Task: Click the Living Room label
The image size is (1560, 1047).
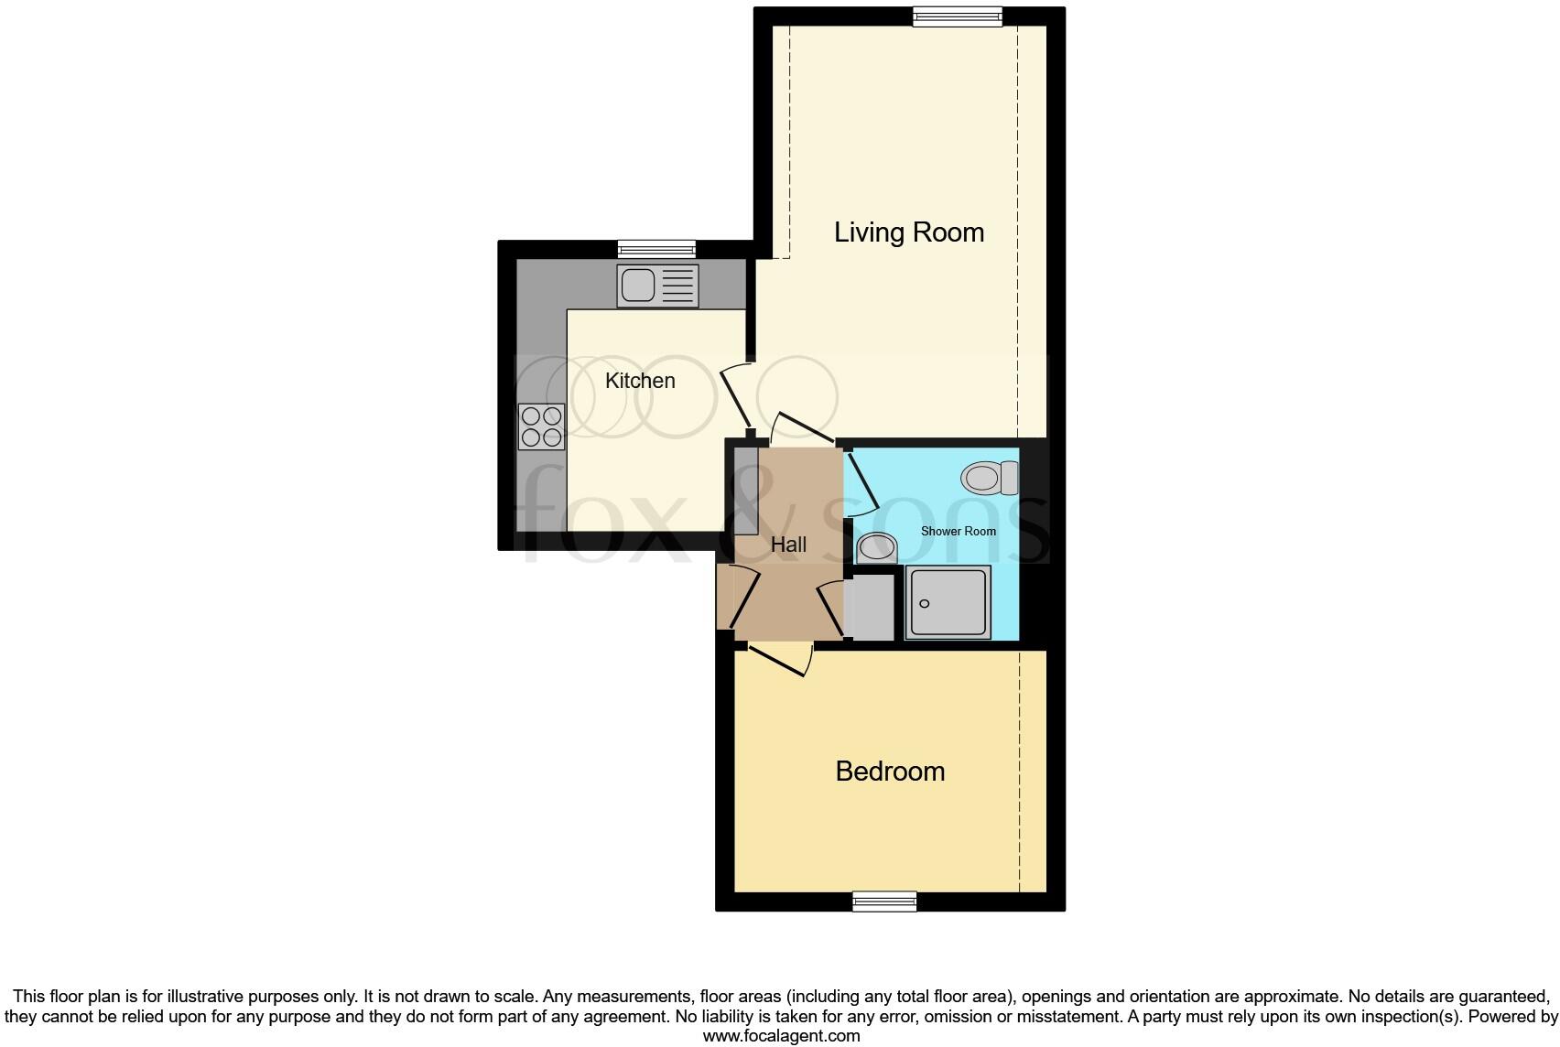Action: pyautogui.click(x=908, y=232)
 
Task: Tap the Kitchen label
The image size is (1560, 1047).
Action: pyautogui.click(x=640, y=381)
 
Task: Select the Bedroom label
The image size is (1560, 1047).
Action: pyautogui.click(x=890, y=772)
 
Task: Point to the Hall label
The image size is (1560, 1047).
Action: pyautogui.click(x=788, y=545)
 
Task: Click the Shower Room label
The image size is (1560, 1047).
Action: pyautogui.click(x=958, y=531)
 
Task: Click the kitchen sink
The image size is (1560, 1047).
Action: pyautogui.click(x=657, y=286)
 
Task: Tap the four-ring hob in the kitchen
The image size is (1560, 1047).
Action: pyautogui.click(x=541, y=426)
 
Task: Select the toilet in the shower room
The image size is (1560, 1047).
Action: pyautogui.click(x=990, y=477)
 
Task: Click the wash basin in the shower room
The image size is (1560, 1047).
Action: pyautogui.click(x=877, y=549)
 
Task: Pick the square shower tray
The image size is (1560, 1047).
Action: pyautogui.click(x=948, y=602)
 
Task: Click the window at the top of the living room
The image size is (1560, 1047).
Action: pyautogui.click(x=957, y=16)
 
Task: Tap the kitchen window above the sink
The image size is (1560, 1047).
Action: pyautogui.click(x=656, y=248)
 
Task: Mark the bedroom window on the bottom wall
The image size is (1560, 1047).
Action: pyautogui.click(x=883, y=901)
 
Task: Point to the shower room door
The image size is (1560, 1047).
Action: pyautogui.click(x=861, y=480)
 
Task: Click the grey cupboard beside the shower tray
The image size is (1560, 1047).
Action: pyautogui.click(x=872, y=606)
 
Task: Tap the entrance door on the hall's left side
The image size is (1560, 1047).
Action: pyautogui.click(x=742, y=597)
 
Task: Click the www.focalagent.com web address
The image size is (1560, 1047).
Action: pyautogui.click(x=781, y=1036)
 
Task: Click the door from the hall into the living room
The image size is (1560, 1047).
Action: pyautogui.click(x=805, y=426)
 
